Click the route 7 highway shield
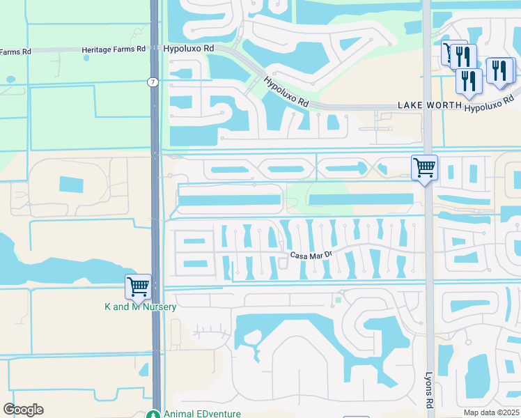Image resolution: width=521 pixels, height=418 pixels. coord(153,82)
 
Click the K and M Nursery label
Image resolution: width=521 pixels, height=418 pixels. coord(140,307)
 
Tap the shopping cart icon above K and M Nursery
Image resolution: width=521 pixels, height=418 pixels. coord(138,286)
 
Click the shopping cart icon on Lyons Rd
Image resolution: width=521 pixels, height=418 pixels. coord(424,168)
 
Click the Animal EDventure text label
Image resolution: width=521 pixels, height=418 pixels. coord(203,413)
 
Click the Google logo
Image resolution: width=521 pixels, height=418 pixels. coord(23,410)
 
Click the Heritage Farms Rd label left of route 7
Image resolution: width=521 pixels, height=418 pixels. coord(113,49)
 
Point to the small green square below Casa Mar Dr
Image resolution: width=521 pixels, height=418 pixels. coord(337,300)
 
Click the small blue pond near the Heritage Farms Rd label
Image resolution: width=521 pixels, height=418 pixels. coord(86,58)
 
